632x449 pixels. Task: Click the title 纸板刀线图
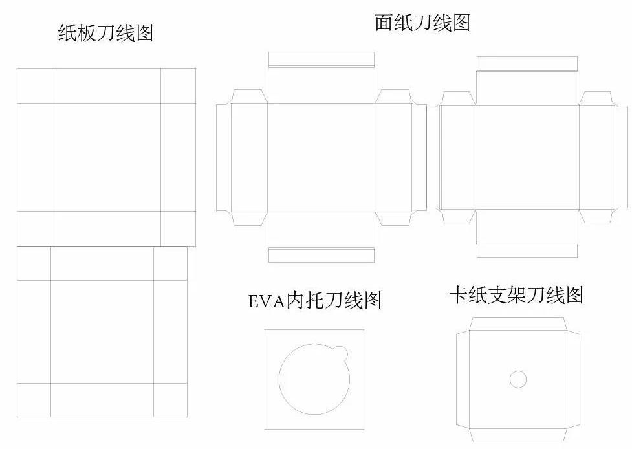[105, 33]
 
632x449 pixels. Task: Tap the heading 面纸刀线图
[422, 23]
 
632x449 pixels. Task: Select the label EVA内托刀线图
[314, 300]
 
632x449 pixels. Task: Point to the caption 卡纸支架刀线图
[516, 296]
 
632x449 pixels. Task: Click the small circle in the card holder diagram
[518, 379]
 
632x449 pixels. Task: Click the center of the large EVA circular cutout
[314, 379]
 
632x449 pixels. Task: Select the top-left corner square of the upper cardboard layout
[34, 85]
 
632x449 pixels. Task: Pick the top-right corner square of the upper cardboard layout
[178, 85]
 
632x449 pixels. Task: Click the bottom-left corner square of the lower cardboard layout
[34, 400]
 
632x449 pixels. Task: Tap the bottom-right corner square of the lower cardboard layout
[170, 400]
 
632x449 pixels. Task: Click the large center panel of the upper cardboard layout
[106, 157]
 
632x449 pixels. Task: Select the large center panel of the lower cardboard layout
[102, 331]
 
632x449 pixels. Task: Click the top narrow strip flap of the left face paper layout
[321, 58]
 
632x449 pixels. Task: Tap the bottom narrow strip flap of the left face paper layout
[321, 256]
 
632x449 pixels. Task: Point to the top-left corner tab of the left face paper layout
[248, 96]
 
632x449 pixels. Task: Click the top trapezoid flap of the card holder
[518, 323]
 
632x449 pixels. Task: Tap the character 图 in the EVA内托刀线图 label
[372, 300]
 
